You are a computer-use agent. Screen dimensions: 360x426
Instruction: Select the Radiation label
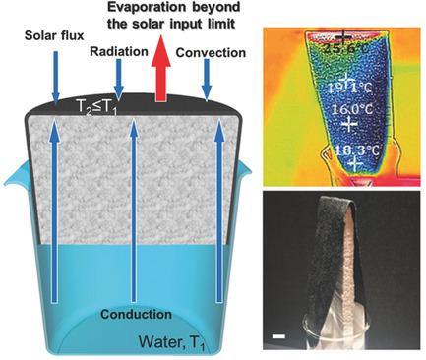[x=114, y=47]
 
